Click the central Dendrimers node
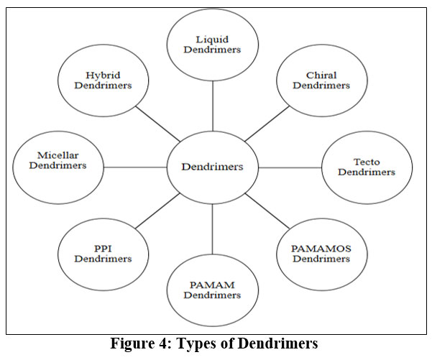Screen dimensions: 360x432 (212, 167)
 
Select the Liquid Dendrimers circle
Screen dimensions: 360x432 (212, 45)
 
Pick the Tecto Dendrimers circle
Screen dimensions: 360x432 (367, 167)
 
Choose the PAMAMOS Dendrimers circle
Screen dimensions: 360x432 (321, 253)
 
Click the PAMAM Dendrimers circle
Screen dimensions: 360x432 (212, 290)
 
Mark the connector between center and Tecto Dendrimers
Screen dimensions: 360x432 (290, 167)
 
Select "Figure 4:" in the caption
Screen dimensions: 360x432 (139, 343)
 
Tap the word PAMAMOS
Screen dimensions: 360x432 (321, 248)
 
